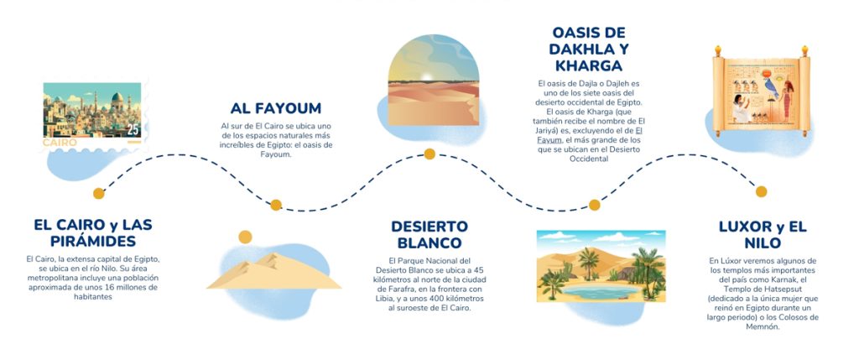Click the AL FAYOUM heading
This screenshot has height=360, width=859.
tap(275, 107)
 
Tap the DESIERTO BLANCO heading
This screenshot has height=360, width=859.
tap(429, 234)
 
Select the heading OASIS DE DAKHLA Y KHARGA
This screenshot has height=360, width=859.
tap(589, 50)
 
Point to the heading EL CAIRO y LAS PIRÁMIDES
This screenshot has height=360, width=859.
tap(93, 232)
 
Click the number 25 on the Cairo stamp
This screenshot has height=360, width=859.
tap(133, 130)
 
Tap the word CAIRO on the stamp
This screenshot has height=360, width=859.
tap(60, 143)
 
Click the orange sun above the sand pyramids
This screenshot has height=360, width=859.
tap(246, 237)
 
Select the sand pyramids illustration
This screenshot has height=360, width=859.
tap(274, 271)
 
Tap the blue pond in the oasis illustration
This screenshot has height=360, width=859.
tap(600, 291)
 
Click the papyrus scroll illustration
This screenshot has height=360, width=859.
tap(761, 91)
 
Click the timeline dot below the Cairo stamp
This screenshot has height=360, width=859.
tap(99, 193)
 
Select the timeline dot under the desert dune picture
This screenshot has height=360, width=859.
tap(429, 154)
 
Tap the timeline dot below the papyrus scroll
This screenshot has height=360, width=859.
tap(761, 192)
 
